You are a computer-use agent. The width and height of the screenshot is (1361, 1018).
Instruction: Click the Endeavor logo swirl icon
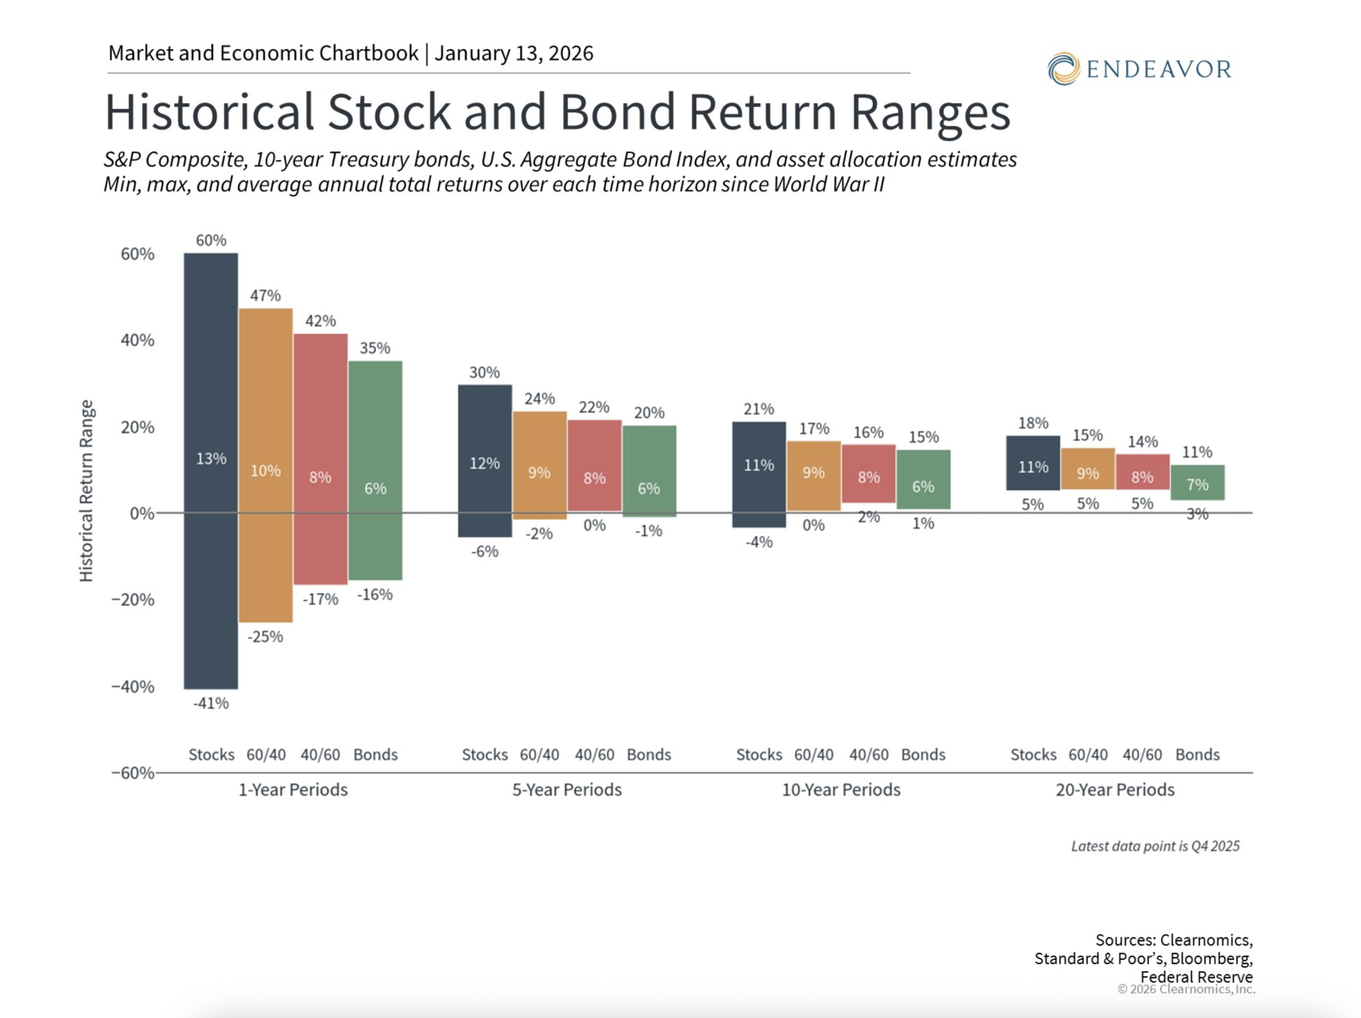pos(1063,69)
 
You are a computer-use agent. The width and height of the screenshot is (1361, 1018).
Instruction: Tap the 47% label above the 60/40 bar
pos(265,295)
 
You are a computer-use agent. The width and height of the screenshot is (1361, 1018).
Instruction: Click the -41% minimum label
pos(211,703)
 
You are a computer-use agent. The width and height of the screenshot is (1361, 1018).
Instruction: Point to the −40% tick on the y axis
pos(133,686)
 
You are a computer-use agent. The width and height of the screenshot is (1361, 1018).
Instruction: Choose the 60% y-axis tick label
pos(138,254)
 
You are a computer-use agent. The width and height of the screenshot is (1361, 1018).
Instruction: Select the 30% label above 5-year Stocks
pos(484,372)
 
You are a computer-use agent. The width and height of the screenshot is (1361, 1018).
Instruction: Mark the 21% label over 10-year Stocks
pos(758,409)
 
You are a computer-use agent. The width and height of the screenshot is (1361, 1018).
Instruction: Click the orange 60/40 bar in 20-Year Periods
pos(1088,465)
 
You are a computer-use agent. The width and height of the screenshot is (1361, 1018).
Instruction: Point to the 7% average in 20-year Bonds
pos(1198,485)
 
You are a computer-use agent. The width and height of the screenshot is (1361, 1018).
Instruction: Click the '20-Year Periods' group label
pos(1115,789)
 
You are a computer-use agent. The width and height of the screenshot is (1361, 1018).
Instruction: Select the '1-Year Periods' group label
pos(293,789)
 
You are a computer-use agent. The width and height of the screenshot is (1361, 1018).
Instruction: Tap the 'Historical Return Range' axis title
pos(86,491)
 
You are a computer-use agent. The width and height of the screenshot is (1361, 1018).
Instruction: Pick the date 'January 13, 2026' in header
pos(514,53)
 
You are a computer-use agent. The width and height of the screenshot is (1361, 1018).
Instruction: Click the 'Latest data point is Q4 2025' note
pos(1155,846)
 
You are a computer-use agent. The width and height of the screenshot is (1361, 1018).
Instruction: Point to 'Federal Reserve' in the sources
pos(1196,976)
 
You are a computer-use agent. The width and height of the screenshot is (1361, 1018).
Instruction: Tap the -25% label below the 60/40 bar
pos(265,636)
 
